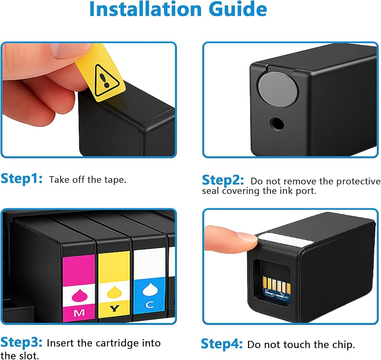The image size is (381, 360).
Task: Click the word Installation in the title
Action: coord(146,9)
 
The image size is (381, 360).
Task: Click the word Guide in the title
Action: coord(238,9)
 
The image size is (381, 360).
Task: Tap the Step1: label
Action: coord(22,178)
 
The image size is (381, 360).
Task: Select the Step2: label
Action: coord(223,180)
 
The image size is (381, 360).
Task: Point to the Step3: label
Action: coord(21,342)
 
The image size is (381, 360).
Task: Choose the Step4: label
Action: coord(222,344)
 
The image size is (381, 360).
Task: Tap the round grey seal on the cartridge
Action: coord(278,90)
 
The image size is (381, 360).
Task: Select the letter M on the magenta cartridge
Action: coord(79,313)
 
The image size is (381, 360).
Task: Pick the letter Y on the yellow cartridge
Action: coord(114,309)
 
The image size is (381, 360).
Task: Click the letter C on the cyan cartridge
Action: coord(149,304)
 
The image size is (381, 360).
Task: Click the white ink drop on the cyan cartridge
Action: coord(150,289)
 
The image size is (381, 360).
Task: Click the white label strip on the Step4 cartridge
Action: coord(284,239)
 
